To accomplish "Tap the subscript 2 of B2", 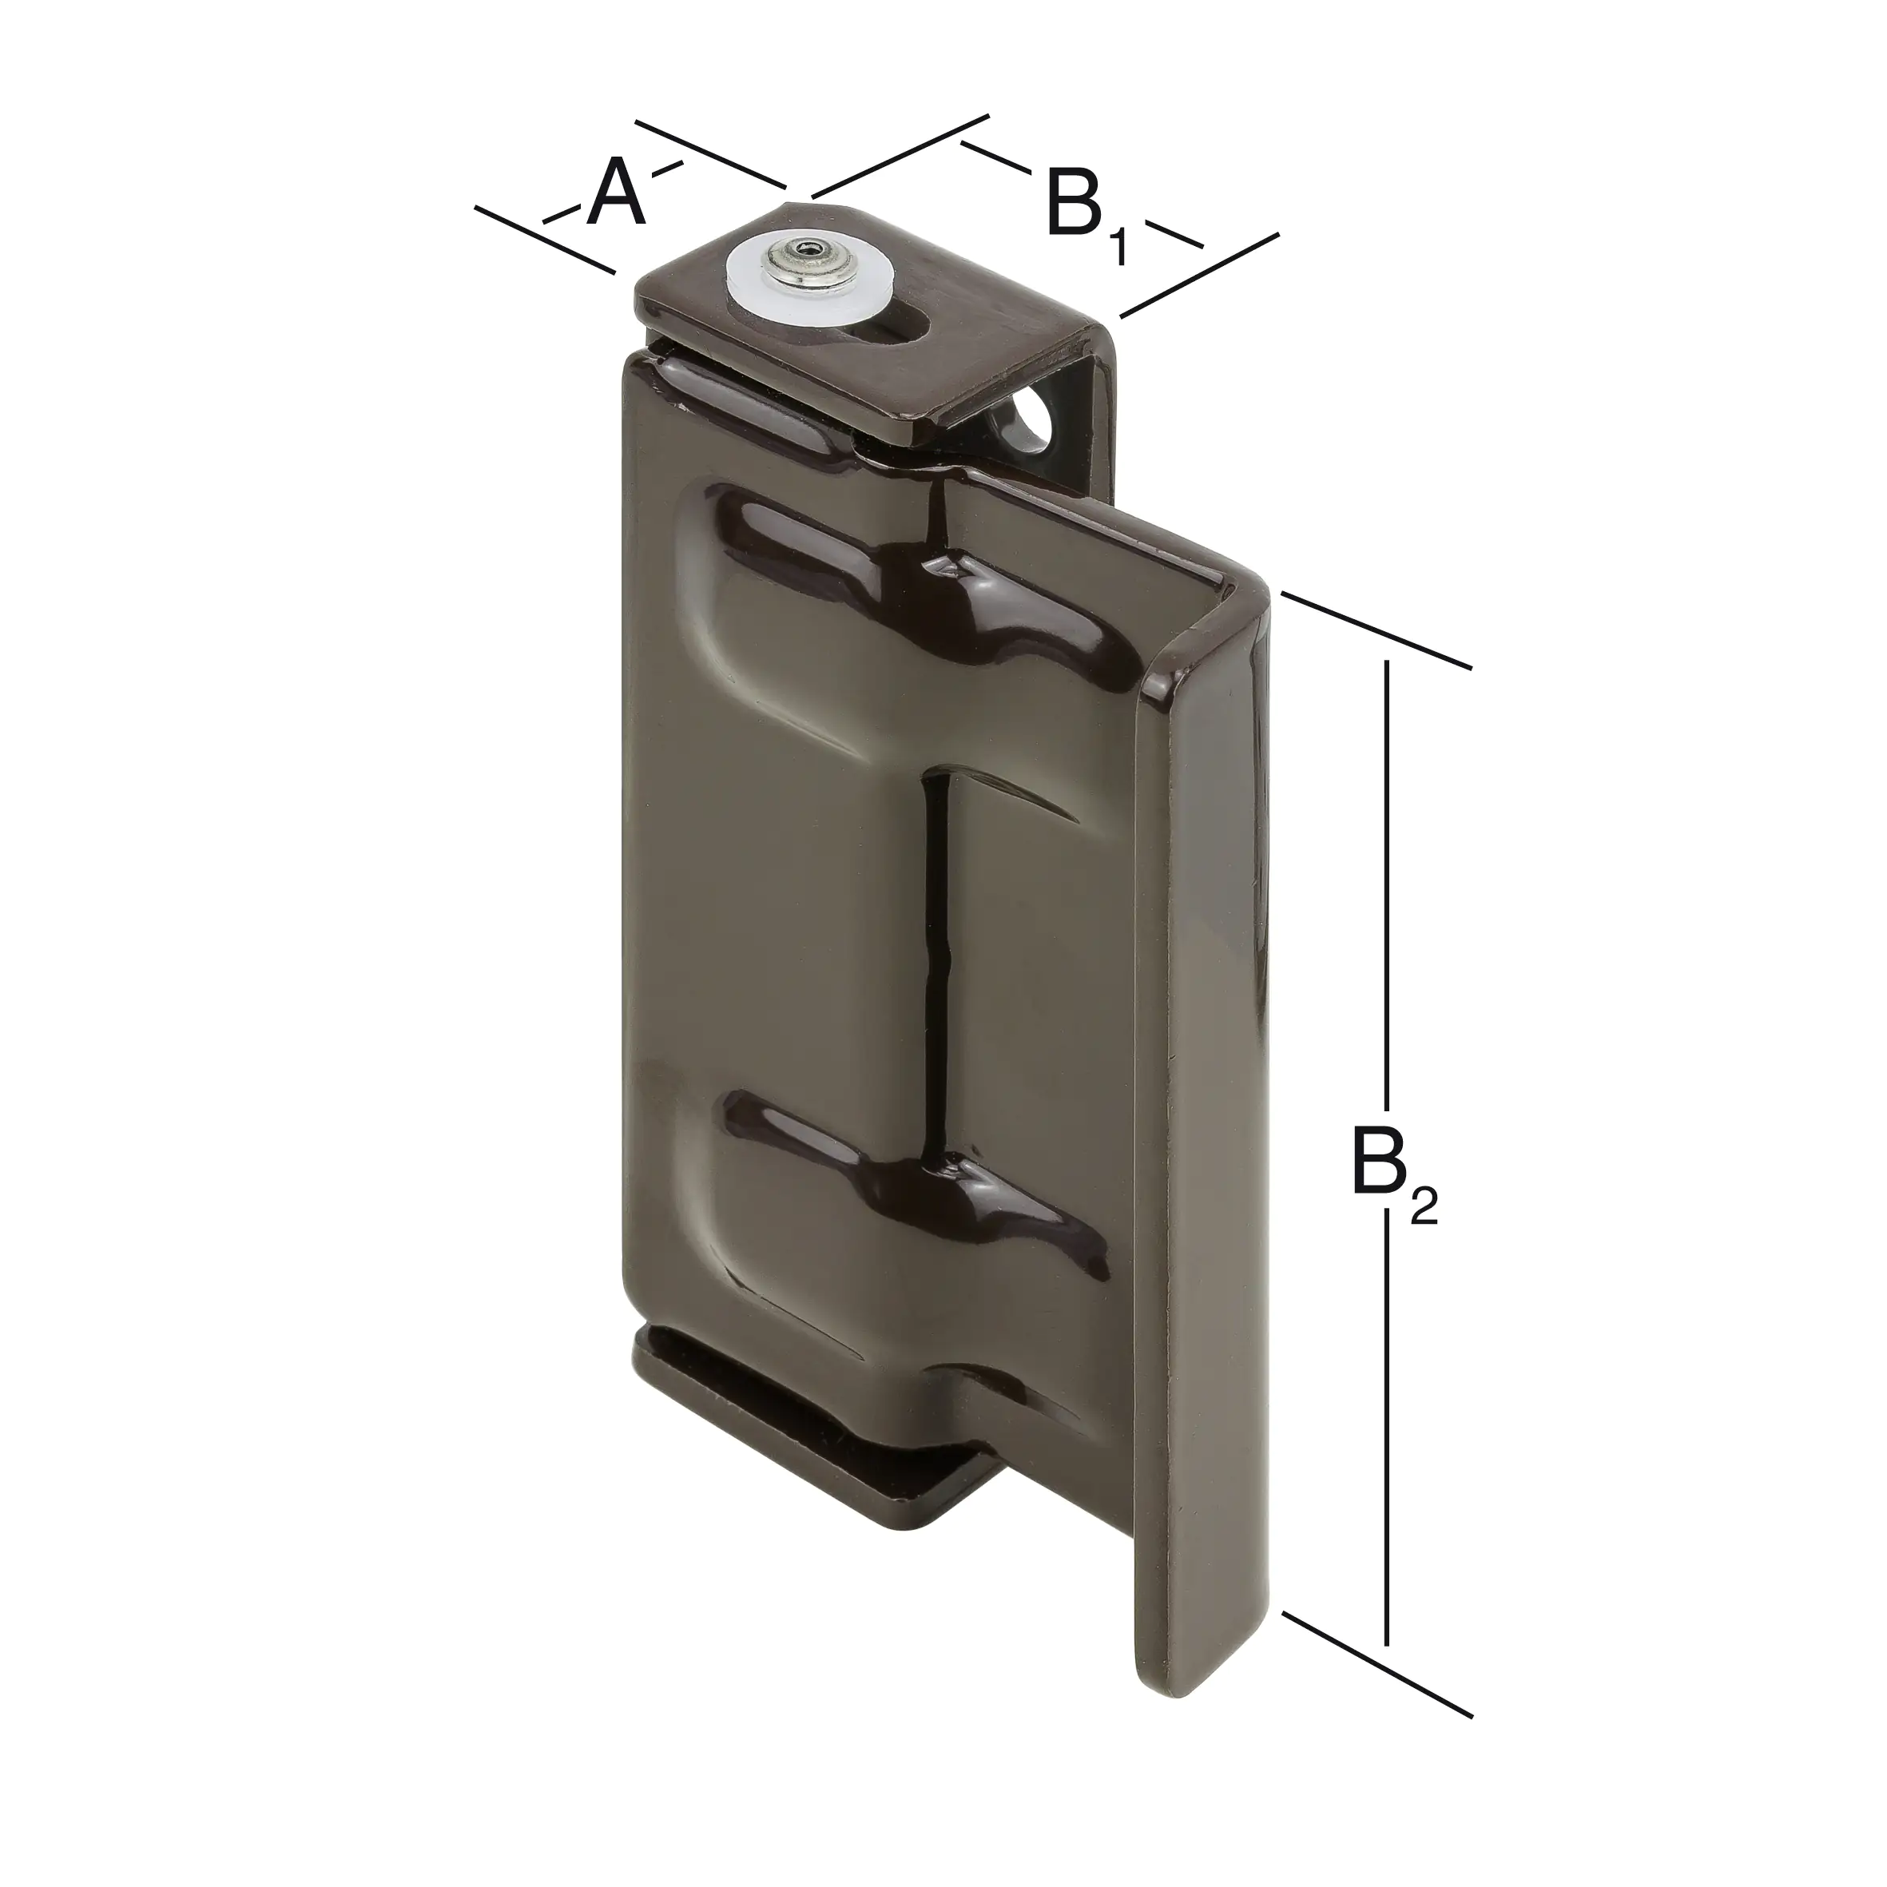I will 1425,1210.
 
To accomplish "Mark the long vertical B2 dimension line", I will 1386,879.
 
